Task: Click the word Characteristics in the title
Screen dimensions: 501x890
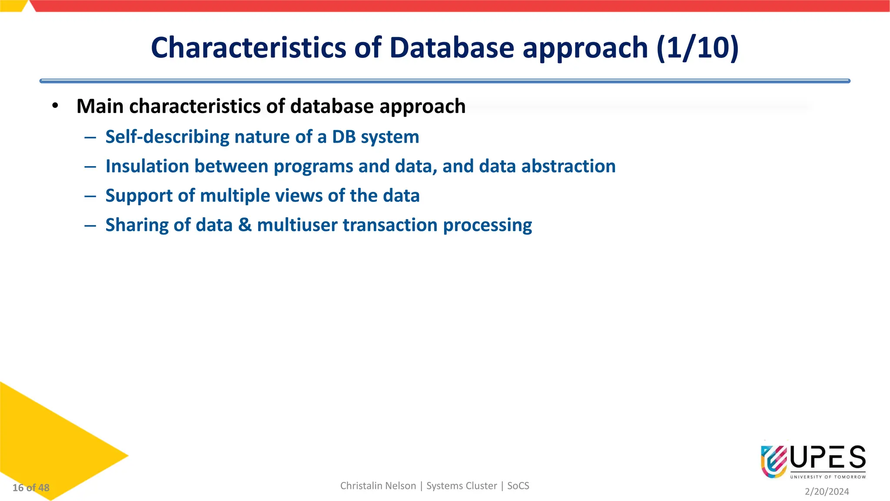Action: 248,47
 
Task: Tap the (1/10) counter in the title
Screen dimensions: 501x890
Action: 697,47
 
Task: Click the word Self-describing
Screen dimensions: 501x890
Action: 167,137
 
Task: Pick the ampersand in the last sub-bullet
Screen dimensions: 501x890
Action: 245,225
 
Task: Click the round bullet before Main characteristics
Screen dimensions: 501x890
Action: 55,106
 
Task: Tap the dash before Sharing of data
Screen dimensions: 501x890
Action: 90,225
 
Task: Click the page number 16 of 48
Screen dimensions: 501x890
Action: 31,488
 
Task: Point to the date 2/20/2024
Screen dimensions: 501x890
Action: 827,491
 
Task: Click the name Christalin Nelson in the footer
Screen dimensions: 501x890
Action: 378,486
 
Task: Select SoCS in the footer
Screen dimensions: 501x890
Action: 518,486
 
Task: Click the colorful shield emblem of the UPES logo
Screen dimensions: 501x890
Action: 774,461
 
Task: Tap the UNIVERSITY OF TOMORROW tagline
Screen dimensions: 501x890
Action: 828,477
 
